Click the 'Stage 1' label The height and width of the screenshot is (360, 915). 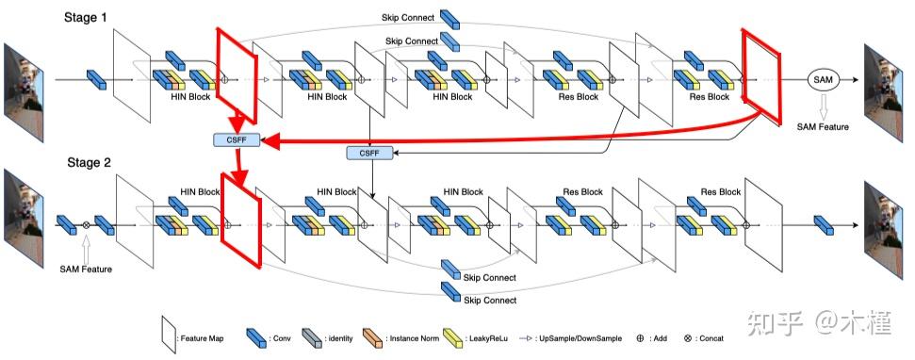91,18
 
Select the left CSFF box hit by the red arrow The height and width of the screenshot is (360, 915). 236,140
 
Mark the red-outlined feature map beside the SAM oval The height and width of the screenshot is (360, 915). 762,77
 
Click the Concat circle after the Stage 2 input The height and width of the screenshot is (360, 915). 86,225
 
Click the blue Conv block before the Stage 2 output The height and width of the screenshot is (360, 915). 825,224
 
